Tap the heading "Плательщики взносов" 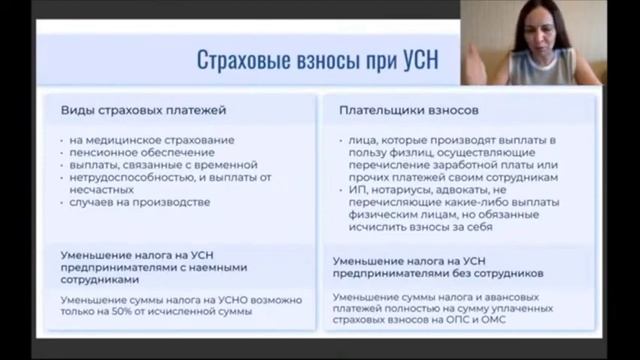[x=401, y=108]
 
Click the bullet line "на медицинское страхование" [x=153, y=138]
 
